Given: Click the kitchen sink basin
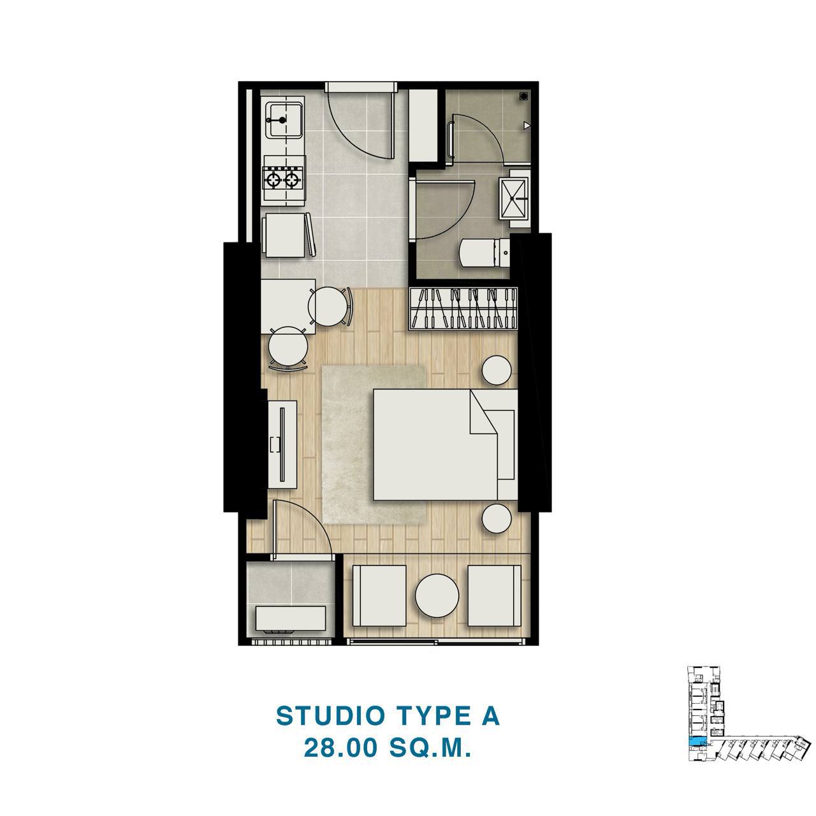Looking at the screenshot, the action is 284,120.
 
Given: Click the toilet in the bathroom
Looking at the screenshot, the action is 486,252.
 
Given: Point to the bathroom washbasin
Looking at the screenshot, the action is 513,198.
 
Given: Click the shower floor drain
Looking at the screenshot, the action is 523,97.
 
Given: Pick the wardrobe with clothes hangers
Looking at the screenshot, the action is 463,309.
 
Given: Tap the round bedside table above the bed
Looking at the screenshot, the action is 496,370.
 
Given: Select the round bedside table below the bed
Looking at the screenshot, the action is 496,519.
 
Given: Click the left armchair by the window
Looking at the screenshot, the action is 379,595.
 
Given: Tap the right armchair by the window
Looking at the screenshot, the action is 494,595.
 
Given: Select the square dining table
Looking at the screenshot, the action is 288,307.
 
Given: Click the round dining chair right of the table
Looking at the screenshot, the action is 330,307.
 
